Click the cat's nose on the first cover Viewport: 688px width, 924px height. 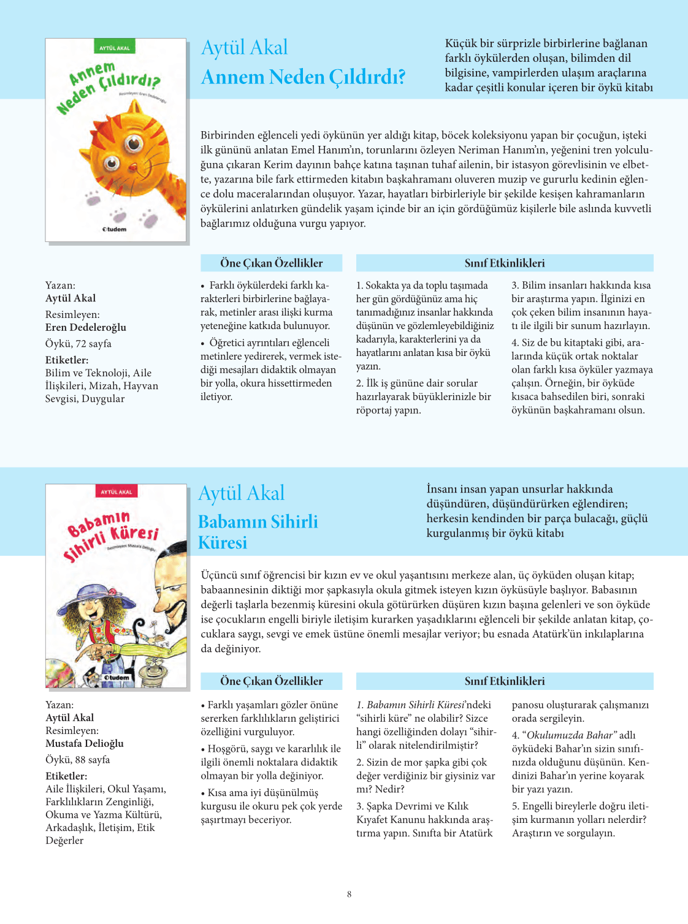[132, 167]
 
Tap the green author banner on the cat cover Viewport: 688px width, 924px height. [115, 48]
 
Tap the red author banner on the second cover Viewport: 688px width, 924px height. [117, 492]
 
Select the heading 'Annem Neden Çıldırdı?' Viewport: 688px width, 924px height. [304, 78]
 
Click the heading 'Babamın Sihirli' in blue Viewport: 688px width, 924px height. [258, 522]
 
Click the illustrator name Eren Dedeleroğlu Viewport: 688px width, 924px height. [86, 328]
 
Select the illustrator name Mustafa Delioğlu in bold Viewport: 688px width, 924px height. [85, 744]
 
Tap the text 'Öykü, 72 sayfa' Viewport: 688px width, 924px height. [78, 344]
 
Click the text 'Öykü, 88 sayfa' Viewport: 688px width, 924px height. [78, 760]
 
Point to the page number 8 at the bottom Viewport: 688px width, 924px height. [350, 895]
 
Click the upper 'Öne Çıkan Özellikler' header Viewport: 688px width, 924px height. [271, 263]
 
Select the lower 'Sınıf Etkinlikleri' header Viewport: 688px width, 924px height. [504, 681]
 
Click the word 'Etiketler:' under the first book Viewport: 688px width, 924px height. [67, 360]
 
